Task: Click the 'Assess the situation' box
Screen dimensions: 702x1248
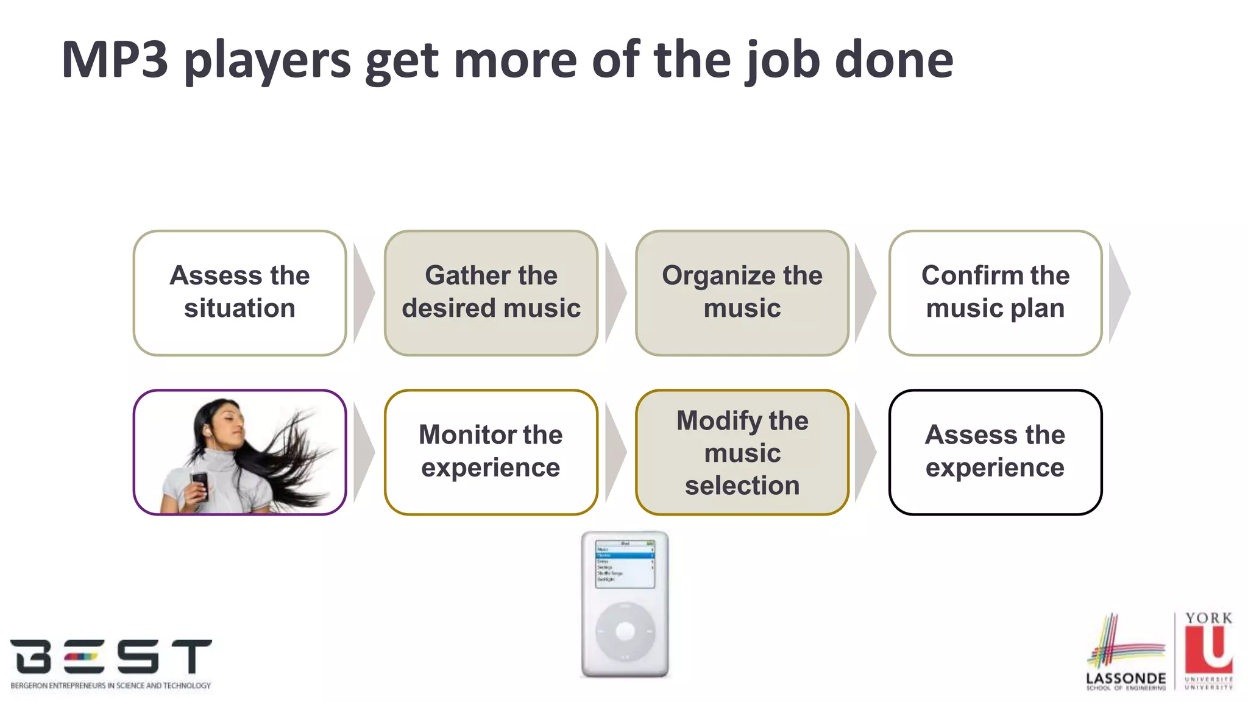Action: coord(239,292)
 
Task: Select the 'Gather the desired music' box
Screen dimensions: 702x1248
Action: coord(491,292)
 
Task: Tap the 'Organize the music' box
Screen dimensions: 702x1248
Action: coord(742,292)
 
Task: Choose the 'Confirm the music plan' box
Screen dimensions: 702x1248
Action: coord(995,292)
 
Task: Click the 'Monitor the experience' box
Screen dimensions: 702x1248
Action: coord(491,452)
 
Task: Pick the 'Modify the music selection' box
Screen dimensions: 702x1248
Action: coord(742,452)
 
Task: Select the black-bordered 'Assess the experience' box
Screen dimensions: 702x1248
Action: coord(995,452)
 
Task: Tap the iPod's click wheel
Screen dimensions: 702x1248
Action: coord(625,631)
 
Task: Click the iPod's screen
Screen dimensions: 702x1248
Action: coord(625,563)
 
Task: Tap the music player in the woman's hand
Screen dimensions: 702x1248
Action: coord(200,484)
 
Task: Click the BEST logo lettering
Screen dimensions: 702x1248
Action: coord(111,656)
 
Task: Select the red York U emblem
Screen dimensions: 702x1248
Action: coord(1209,650)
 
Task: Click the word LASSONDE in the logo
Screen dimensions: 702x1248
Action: coord(1126,678)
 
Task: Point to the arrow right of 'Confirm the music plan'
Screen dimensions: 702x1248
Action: coord(1120,293)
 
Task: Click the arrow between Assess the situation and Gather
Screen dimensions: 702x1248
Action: coord(364,293)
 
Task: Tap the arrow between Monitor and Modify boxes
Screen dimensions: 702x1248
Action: coord(615,452)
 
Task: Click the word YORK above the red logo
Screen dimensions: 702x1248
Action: coord(1208,619)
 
